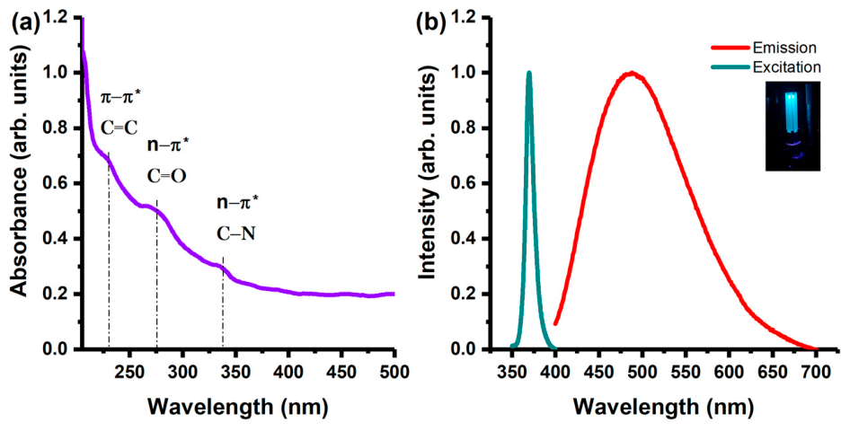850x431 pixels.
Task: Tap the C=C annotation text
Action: point(120,128)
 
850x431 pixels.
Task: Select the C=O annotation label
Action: point(167,175)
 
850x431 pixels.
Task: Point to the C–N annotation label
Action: point(236,234)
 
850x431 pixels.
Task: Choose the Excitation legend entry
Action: point(766,67)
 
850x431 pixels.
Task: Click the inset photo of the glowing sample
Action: point(792,127)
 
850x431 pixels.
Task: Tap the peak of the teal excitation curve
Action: point(529,73)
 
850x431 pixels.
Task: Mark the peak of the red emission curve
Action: point(631,74)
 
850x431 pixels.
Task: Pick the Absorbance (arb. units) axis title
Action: point(19,184)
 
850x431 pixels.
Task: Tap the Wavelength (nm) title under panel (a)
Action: point(237,407)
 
